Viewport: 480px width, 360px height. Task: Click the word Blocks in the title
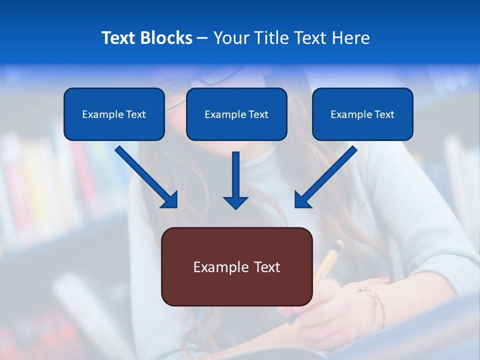[x=167, y=38]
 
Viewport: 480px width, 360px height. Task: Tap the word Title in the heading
[x=272, y=38]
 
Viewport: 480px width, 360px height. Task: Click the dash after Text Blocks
[x=202, y=38]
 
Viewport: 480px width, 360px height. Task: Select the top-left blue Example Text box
[x=114, y=114]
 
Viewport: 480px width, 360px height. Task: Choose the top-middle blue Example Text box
[x=236, y=114]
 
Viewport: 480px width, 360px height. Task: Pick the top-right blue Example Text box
[x=362, y=114]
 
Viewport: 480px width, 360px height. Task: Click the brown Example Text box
[x=236, y=266]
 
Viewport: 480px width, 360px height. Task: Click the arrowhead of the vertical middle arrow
[x=235, y=202]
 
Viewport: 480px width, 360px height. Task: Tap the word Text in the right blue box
[x=384, y=114]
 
